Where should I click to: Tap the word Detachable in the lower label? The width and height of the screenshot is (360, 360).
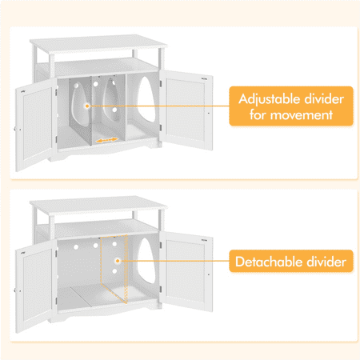pyautogui.click(x=269, y=262)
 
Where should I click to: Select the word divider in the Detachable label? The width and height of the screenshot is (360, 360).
pyautogui.click(x=326, y=262)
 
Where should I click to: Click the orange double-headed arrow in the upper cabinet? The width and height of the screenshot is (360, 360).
pyautogui.click(x=107, y=140)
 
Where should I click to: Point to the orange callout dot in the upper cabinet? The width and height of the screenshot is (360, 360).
pyautogui.click(x=87, y=106)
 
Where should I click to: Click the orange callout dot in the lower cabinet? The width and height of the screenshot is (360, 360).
pyautogui.click(x=118, y=261)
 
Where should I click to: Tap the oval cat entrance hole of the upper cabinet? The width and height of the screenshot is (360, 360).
pyautogui.click(x=146, y=99)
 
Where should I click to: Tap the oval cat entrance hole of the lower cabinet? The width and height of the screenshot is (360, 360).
pyautogui.click(x=146, y=261)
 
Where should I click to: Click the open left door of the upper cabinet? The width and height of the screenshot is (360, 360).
pyautogui.click(x=36, y=125)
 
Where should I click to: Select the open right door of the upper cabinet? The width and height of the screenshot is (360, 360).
pyautogui.click(x=186, y=110)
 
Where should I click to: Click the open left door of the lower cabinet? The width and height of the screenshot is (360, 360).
pyautogui.click(x=36, y=286)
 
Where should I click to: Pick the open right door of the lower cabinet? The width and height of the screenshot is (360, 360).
pyautogui.click(x=186, y=271)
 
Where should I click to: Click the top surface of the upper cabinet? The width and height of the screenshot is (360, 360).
pyautogui.click(x=98, y=43)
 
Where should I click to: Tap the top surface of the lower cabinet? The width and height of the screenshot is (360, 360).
pyautogui.click(x=98, y=205)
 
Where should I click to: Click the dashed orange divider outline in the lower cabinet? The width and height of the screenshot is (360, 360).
pyautogui.click(x=114, y=269)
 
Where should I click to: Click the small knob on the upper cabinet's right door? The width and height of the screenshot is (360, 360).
pyautogui.click(x=209, y=113)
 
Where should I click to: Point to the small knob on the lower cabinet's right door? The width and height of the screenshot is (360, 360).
pyautogui.click(x=209, y=274)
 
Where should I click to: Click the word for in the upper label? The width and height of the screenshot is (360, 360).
pyautogui.click(x=258, y=115)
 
